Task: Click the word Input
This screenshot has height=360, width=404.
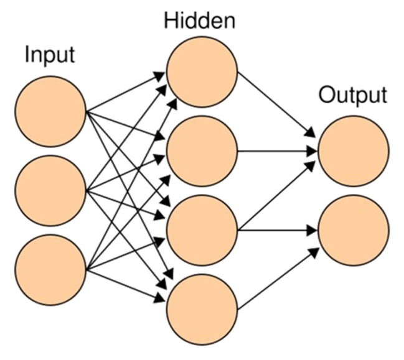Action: click(50, 55)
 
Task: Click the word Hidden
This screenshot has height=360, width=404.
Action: click(201, 21)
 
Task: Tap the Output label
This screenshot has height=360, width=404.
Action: click(352, 95)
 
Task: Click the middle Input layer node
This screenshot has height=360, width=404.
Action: click(50, 190)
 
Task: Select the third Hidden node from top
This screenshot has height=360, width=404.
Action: click(202, 230)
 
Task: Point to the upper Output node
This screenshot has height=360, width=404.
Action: click(352, 150)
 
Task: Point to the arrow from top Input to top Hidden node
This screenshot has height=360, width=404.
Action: click(124, 93)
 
